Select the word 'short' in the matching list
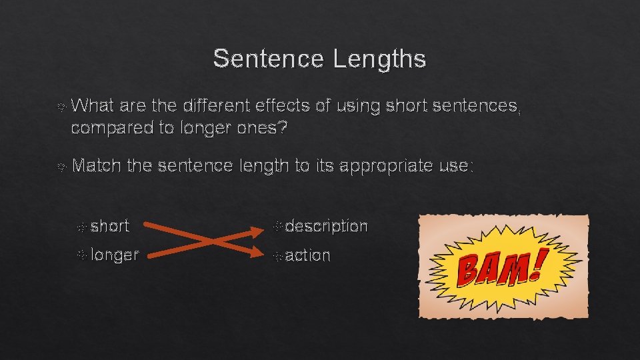point(110,227)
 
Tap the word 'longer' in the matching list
point(115,255)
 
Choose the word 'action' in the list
point(307,255)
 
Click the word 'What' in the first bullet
point(91,105)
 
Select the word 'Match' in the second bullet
point(95,166)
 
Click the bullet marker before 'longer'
point(81,255)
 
